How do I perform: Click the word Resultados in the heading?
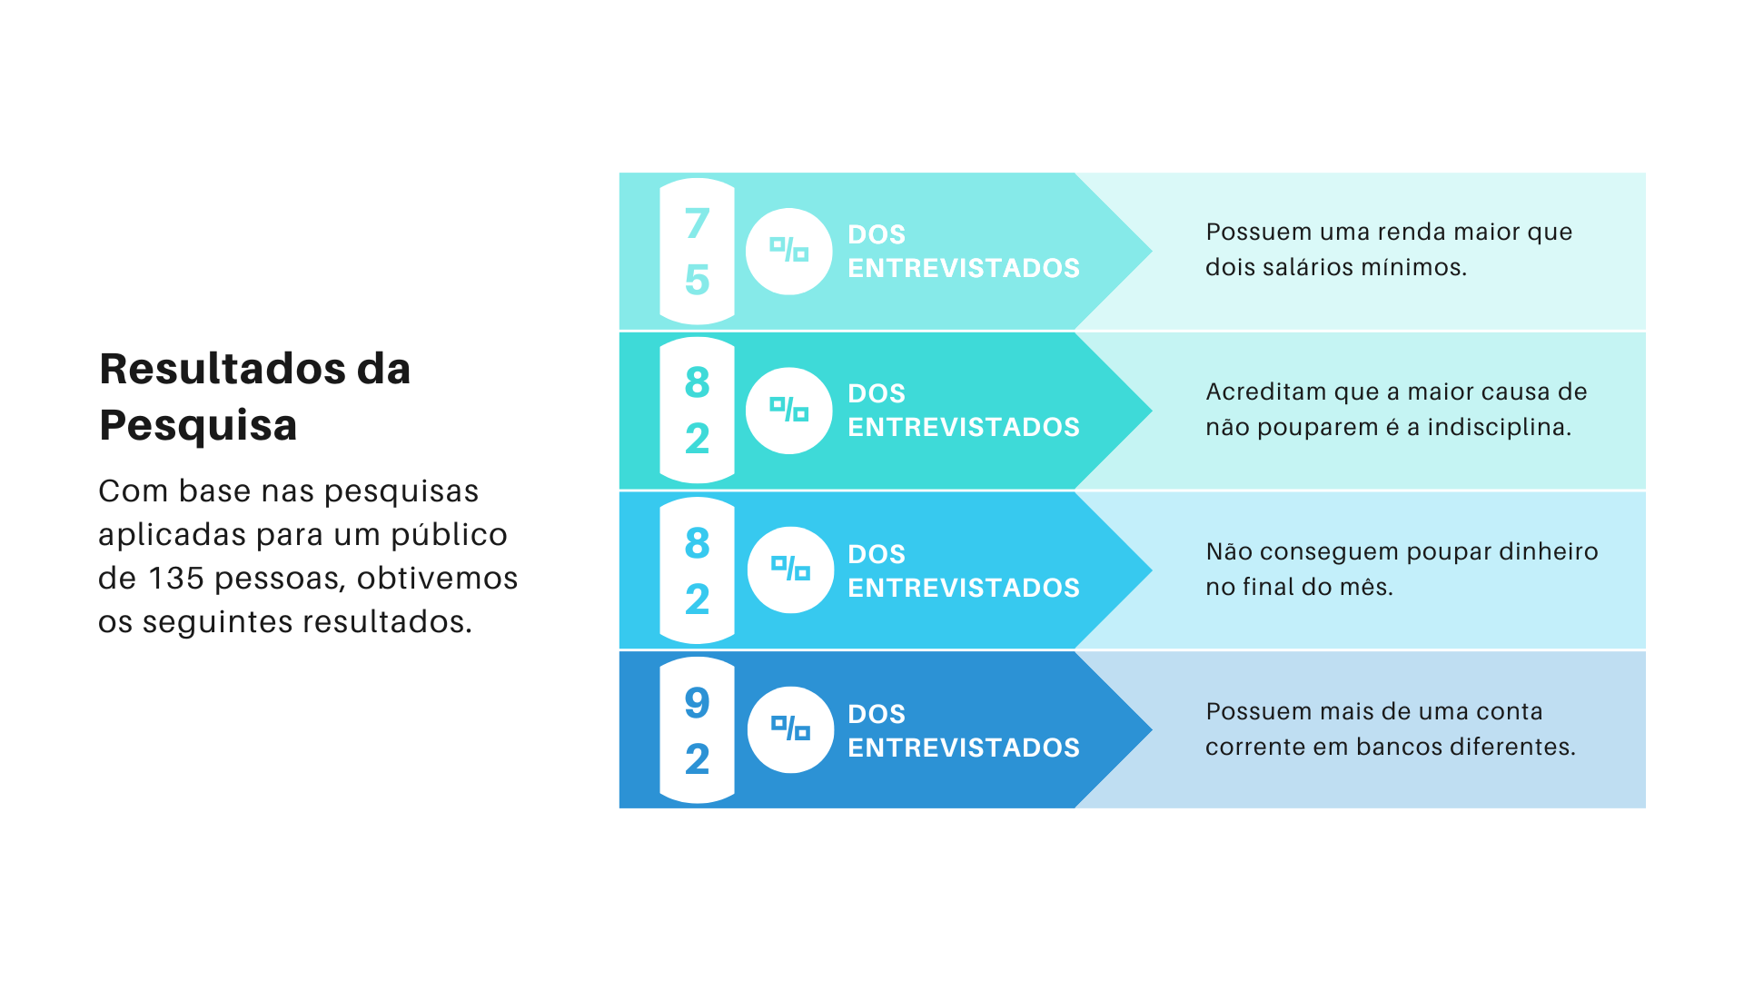(x=223, y=369)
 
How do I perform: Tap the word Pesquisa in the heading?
(x=198, y=426)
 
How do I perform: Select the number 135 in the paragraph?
(x=177, y=579)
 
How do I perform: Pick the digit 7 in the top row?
(x=697, y=223)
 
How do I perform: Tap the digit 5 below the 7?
(x=697, y=280)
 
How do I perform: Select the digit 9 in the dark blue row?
(x=697, y=702)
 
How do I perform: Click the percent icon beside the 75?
(x=789, y=252)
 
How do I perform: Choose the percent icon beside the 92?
(x=790, y=729)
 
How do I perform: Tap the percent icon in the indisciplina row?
(x=789, y=411)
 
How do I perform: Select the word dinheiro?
(x=1548, y=552)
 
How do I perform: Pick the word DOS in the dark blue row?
(x=877, y=714)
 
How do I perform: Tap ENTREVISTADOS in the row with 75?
(x=964, y=269)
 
